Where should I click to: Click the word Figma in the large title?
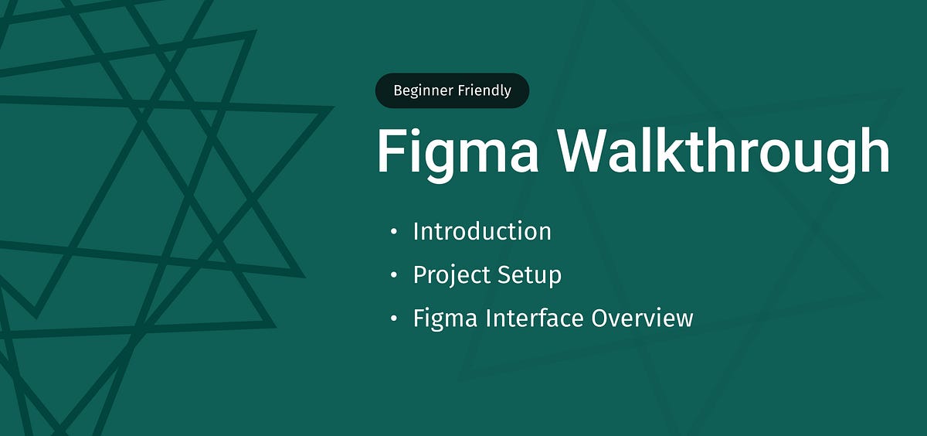pos(457,152)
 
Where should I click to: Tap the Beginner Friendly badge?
pos(452,90)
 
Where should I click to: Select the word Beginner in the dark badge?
pos(422,91)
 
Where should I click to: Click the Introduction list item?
pos(482,231)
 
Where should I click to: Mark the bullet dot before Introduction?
pos(395,231)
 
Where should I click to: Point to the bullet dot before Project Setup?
pos(395,274)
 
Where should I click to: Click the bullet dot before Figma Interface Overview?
pos(395,318)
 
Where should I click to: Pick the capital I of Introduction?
pos(417,231)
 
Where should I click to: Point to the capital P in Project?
pos(419,274)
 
